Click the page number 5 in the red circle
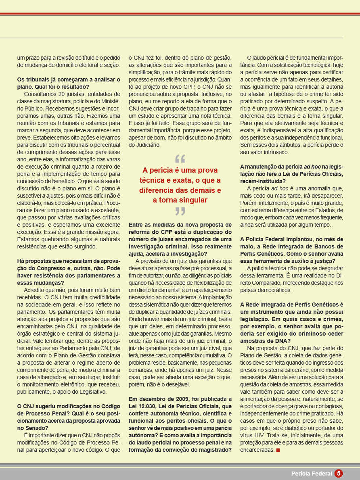(338, 474)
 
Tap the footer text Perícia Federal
(312, 474)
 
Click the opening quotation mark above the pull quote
(180, 159)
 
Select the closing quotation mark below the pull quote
(180, 211)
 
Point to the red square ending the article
(278, 450)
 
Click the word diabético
(291, 428)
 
